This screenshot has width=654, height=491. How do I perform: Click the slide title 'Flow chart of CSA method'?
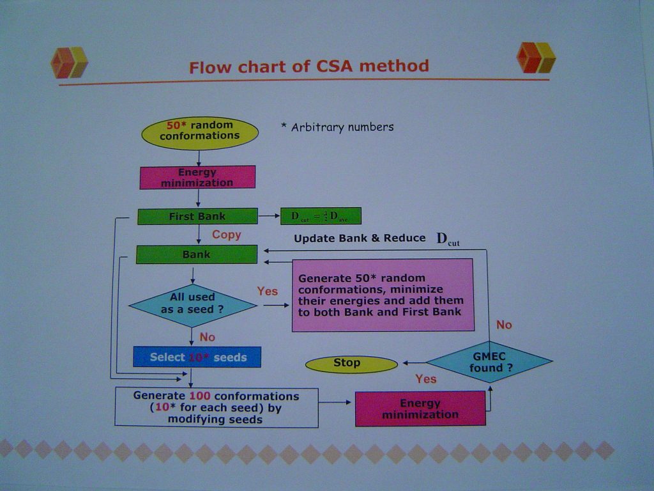308,66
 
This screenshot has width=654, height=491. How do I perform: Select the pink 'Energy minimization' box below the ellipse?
197,178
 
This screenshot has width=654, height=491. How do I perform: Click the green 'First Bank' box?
197,216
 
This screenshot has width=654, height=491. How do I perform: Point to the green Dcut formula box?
321,216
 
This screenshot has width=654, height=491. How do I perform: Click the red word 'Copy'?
226,235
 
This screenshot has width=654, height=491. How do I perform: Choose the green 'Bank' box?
197,254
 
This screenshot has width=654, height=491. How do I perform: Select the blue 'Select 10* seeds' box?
197,357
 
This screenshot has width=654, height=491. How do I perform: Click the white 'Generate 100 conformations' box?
216,407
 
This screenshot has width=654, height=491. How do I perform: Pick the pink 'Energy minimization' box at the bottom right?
420,409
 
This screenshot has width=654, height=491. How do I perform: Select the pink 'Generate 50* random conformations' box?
383,295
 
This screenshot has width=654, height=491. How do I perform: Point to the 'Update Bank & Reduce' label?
360,238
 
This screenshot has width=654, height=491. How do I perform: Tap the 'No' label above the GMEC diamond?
503,325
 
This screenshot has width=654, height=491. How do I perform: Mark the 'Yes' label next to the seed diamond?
267,292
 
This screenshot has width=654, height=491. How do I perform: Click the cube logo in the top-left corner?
69,63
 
